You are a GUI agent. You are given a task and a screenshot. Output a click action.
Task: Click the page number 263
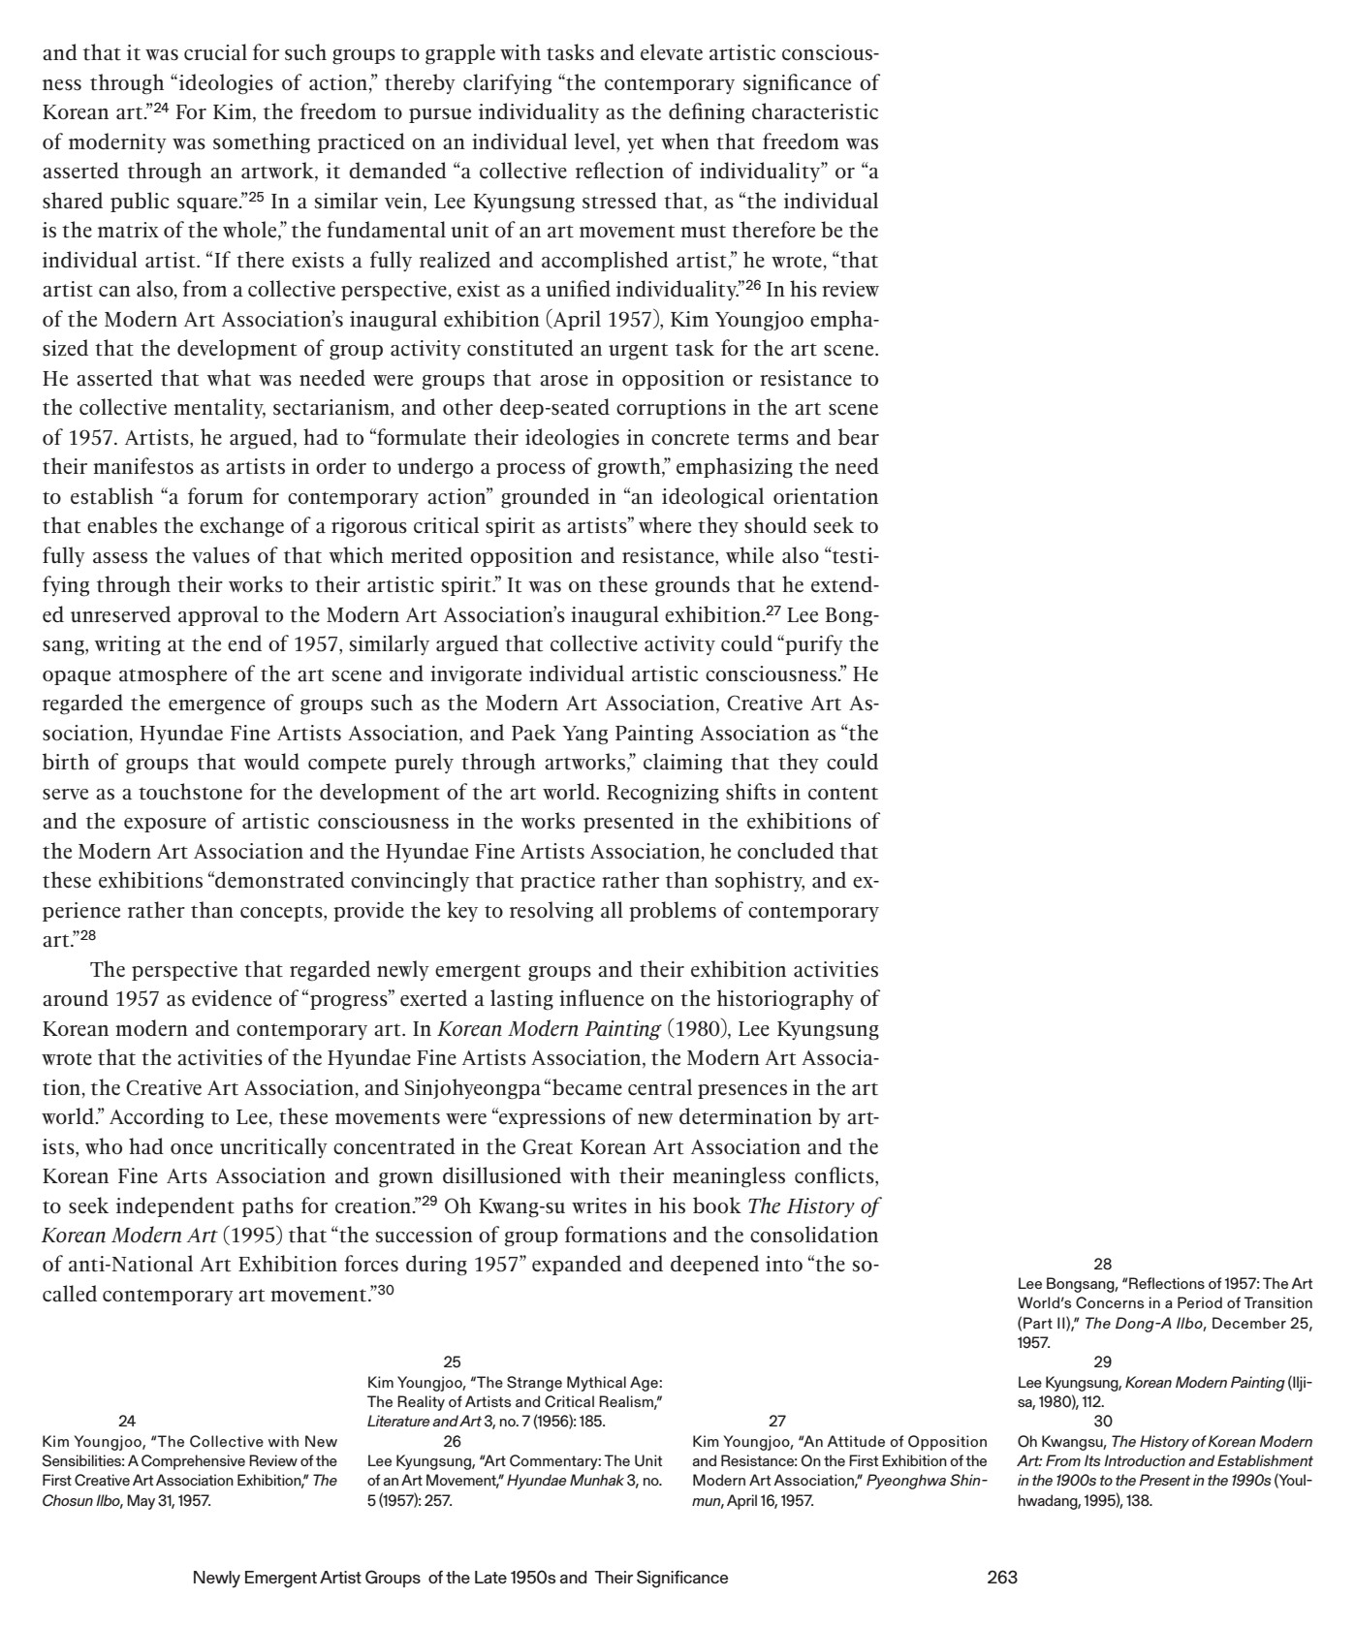tap(1001, 1578)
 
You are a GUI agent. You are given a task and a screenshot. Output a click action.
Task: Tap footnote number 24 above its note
tap(126, 1422)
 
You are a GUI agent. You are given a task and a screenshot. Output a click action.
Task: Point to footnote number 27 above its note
tap(776, 1422)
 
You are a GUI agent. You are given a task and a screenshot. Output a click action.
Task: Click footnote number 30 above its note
tap(1103, 1422)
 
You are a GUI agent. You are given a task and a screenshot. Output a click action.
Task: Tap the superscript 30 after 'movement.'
tap(384, 1290)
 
